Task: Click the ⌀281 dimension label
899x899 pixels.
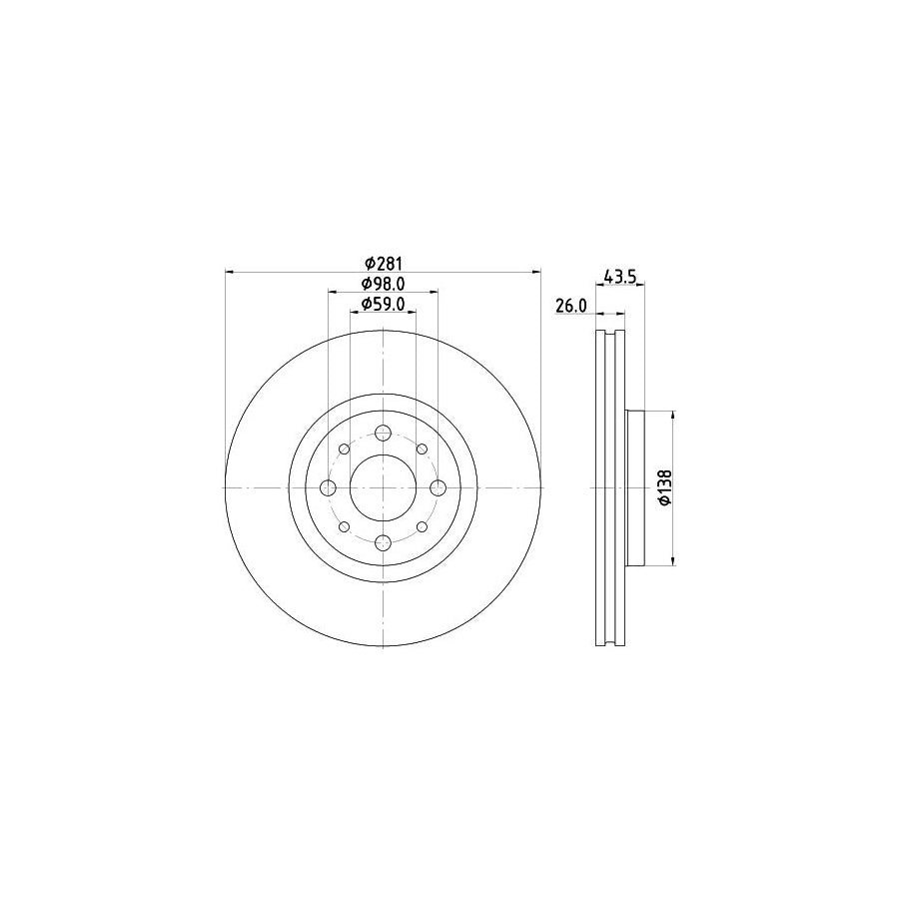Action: [383, 263]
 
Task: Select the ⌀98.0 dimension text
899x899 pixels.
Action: [383, 284]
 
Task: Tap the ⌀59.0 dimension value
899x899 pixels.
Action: [383, 305]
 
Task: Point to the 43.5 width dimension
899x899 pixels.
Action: [619, 277]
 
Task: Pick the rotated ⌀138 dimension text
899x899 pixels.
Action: [664, 487]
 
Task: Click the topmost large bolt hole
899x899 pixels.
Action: [383, 433]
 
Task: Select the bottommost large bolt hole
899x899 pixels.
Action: [383, 542]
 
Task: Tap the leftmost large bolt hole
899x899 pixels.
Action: [328, 487]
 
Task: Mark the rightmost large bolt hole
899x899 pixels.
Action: [438, 487]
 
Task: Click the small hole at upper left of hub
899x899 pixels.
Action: [344, 449]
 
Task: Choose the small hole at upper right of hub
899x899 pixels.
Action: [422, 449]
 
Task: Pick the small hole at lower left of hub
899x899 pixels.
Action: [344, 526]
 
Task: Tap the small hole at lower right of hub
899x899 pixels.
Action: [422, 526]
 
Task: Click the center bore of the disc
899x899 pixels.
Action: [383, 487]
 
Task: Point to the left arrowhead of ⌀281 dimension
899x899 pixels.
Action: [231, 272]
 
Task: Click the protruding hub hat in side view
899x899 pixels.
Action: [635, 487]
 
